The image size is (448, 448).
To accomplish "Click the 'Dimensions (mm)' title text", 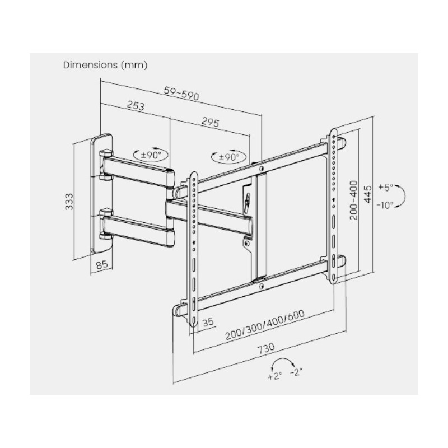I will click(x=105, y=65).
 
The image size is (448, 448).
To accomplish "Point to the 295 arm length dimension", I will click(x=207, y=121).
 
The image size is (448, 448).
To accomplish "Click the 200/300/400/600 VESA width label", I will click(x=264, y=325).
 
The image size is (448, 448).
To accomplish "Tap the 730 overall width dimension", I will click(x=265, y=348).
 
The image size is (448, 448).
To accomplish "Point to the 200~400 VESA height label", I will click(x=353, y=200).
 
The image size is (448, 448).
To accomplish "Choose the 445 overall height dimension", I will click(x=368, y=193).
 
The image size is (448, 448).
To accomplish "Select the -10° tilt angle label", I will click(x=385, y=205).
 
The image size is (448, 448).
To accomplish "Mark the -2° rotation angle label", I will click(x=296, y=372).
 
